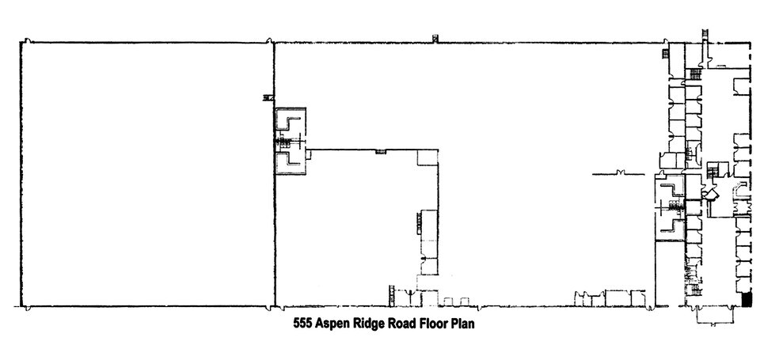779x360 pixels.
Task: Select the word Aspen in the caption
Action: point(334,324)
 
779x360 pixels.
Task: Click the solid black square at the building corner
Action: point(747,300)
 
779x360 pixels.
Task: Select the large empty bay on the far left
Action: point(146,174)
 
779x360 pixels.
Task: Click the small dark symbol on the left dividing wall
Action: point(268,97)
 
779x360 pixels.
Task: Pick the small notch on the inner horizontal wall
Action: point(381,150)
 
